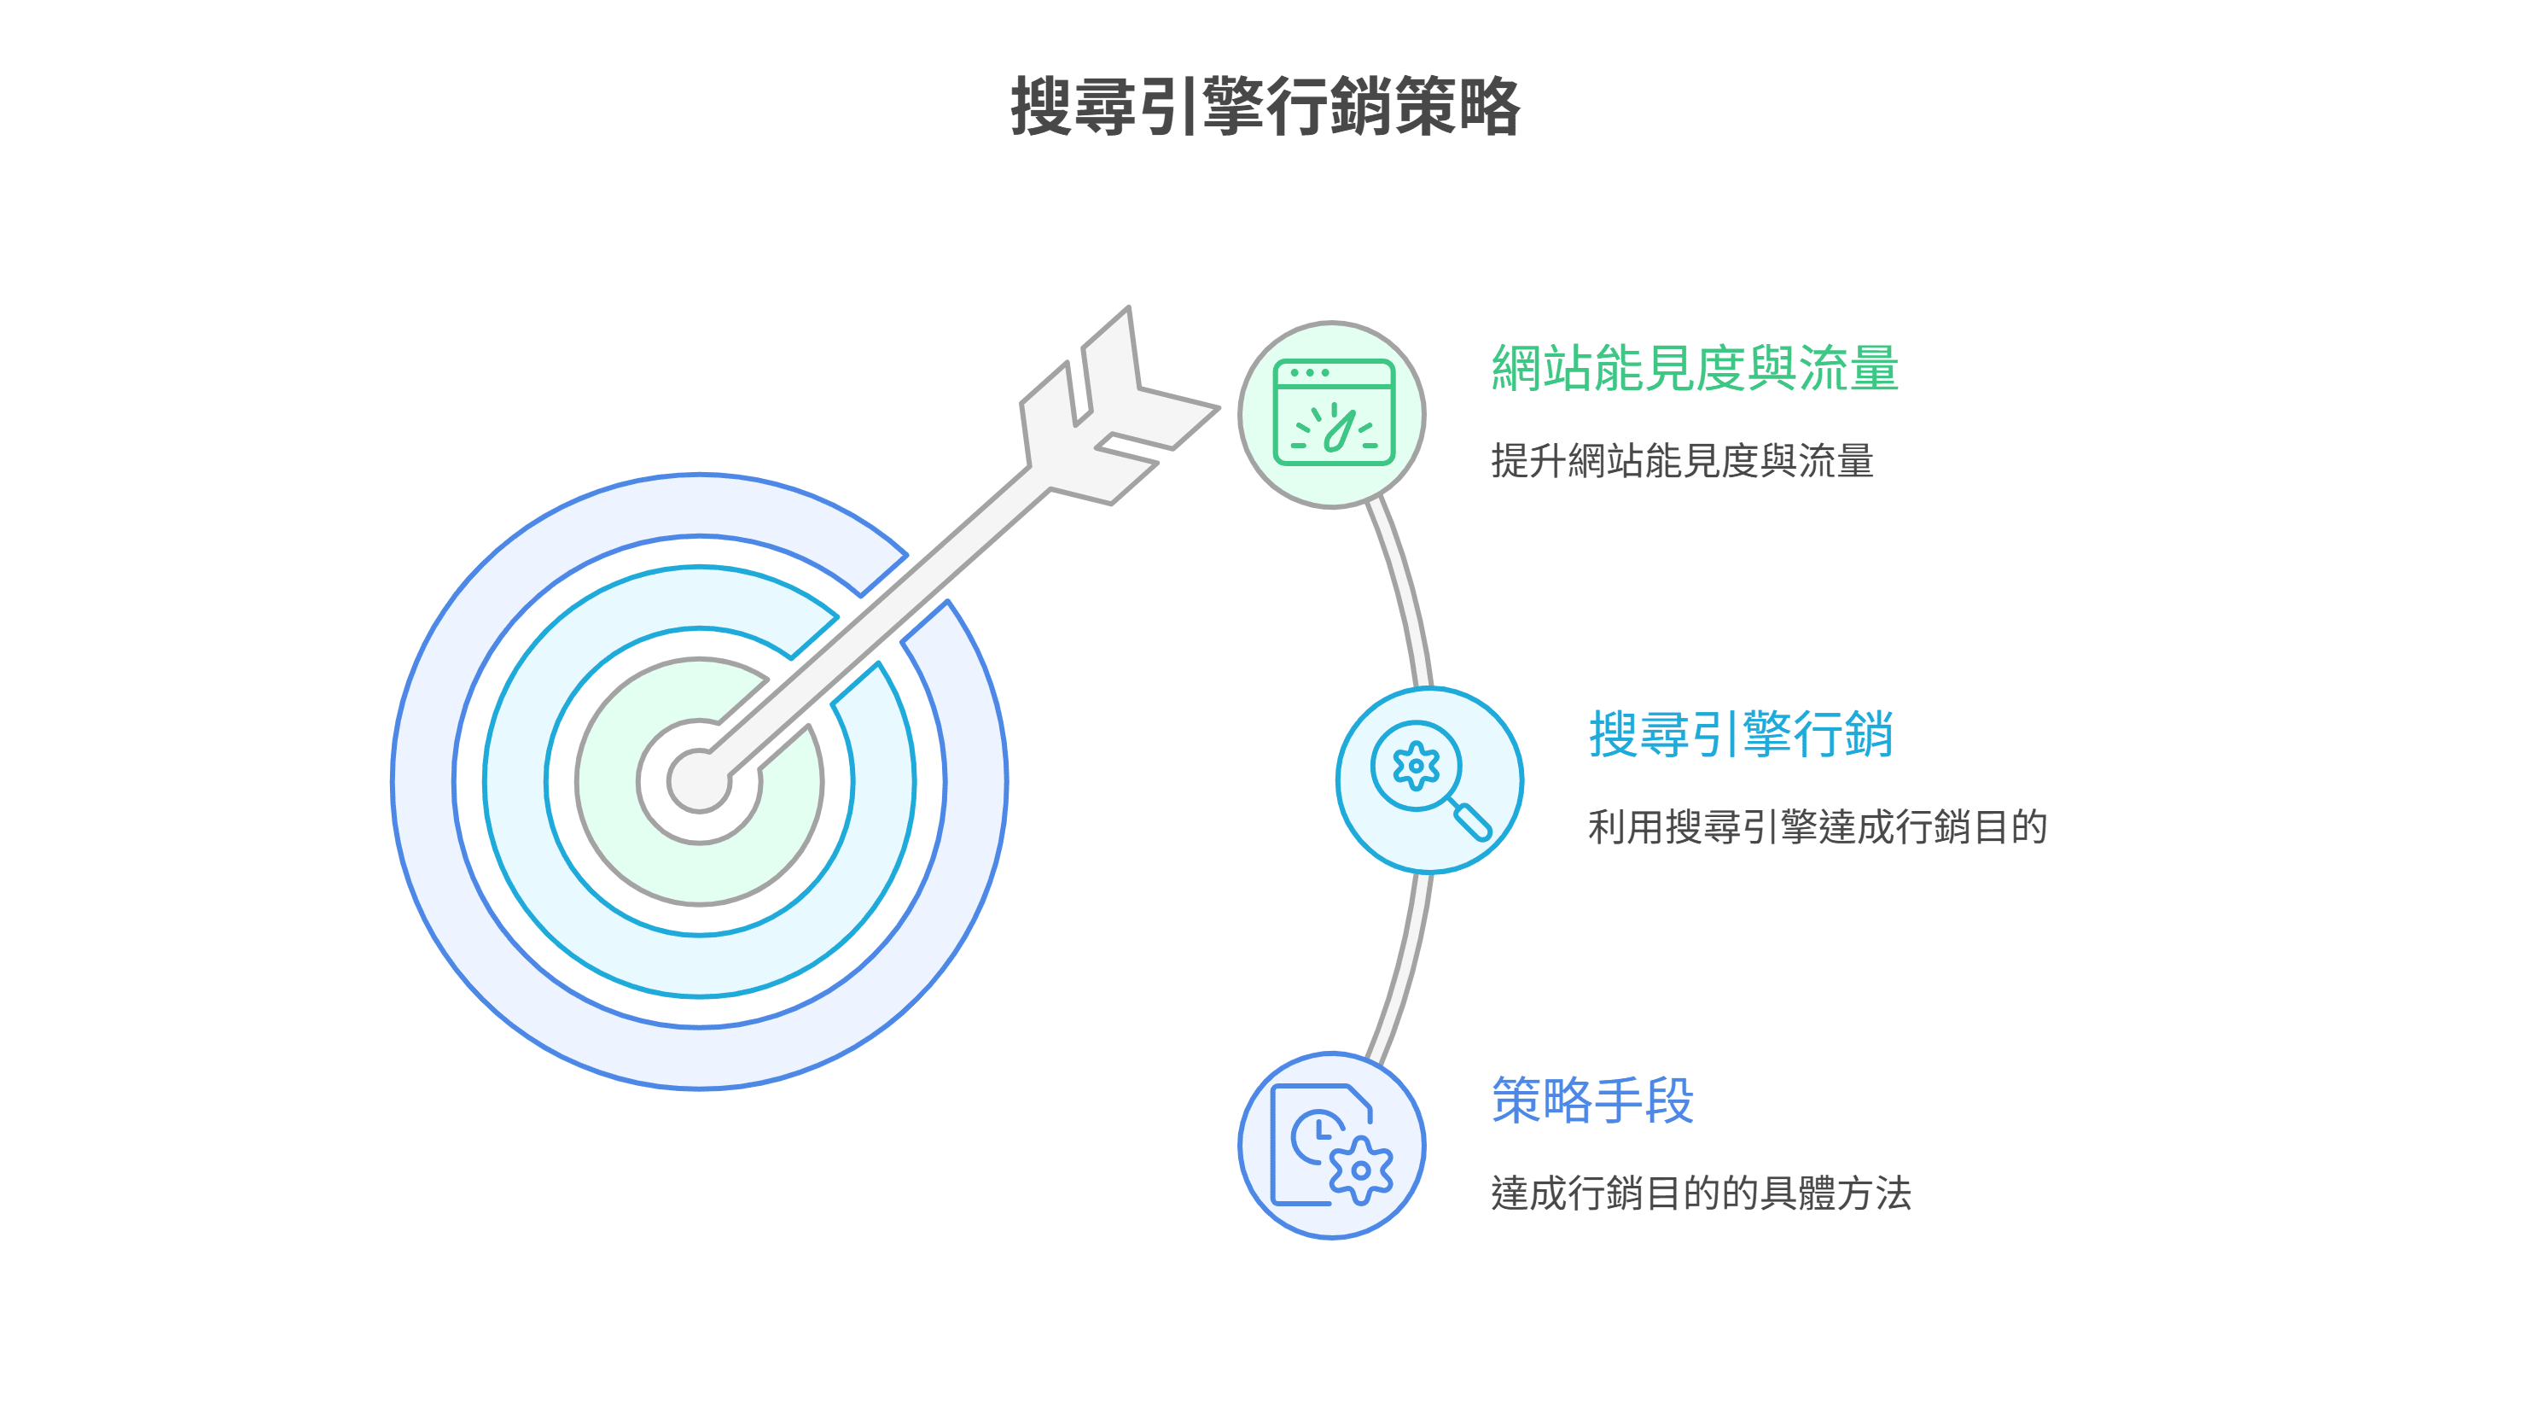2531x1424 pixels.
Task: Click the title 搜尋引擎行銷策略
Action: [x=1265, y=106]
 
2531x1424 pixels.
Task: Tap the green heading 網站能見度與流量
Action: [x=1695, y=369]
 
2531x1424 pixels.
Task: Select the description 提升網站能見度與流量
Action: [x=1682, y=461]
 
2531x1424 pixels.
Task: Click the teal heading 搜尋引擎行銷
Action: [x=1741, y=734]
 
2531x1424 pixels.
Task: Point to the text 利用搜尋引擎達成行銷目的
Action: [x=1818, y=826]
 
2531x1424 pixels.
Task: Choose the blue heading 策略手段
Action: [x=1592, y=1100]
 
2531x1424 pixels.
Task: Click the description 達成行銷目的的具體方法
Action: [x=1701, y=1193]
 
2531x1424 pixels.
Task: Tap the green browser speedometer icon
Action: [x=1333, y=411]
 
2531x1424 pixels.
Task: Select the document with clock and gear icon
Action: [x=1331, y=1145]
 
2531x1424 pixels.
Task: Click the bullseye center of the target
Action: [x=699, y=782]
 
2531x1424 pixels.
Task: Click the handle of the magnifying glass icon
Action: [x=1472, y=820]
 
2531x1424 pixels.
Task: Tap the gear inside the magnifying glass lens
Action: [x=1416, y=766]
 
